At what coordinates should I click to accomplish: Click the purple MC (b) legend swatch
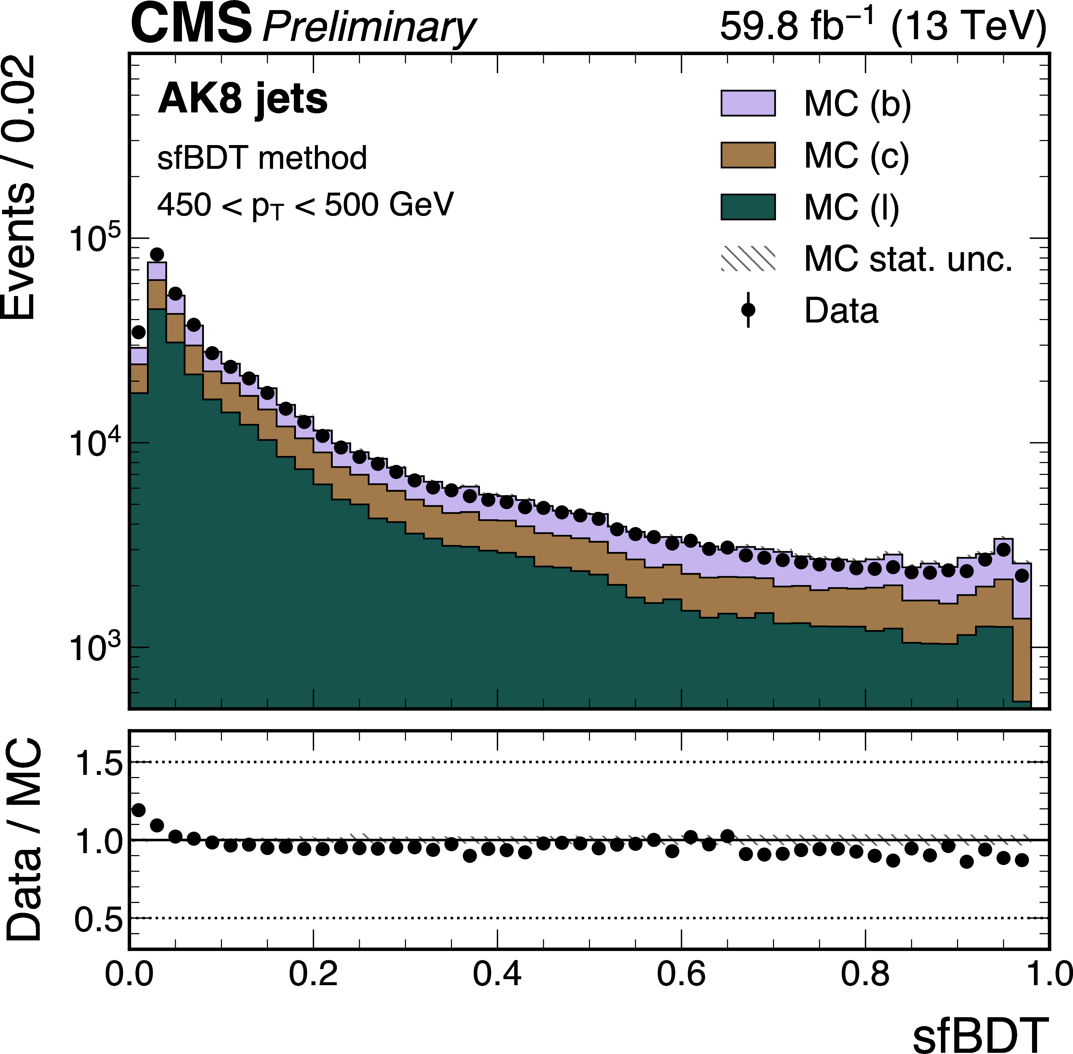click(748, 103)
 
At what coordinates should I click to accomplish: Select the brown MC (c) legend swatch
click(748, 155)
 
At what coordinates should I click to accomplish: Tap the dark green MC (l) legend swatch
click(748, 207)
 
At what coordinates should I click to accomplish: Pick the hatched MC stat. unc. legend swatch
click(748, 258)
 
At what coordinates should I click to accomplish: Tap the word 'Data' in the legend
click(841, 311)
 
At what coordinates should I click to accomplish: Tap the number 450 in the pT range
click(184, 205)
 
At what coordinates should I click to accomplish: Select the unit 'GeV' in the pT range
click(421, 205)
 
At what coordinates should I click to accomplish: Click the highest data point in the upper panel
click(157, 255)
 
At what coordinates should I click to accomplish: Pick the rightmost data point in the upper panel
click(1021, 576)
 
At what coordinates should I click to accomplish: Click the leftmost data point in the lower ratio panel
click(139, 810)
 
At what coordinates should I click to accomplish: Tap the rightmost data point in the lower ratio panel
click(1021, 860)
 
